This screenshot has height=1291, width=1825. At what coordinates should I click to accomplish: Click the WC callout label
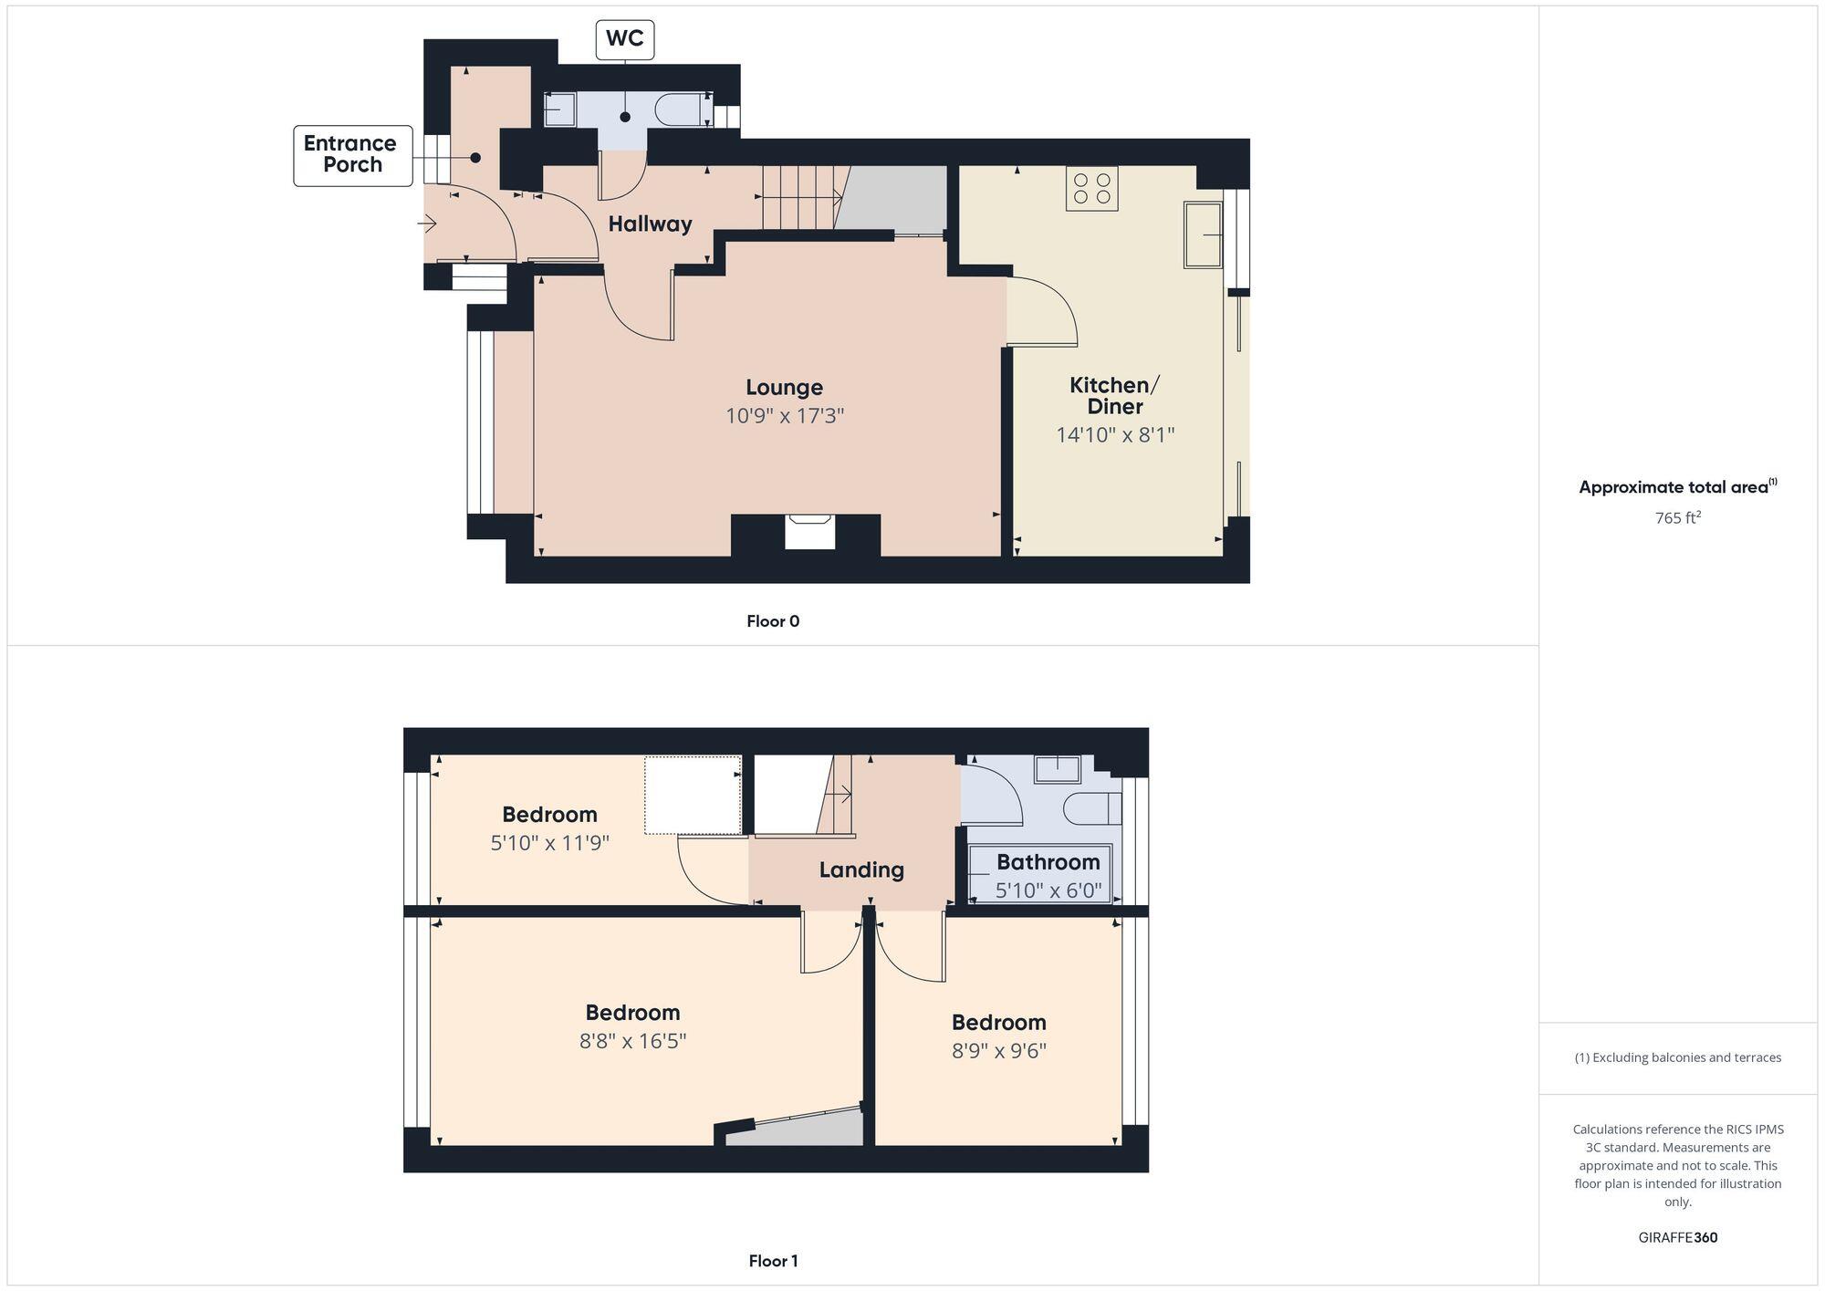(625, 39)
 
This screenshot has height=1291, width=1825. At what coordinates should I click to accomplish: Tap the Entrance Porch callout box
(352, 155)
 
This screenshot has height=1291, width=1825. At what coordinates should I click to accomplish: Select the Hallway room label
(650, 224)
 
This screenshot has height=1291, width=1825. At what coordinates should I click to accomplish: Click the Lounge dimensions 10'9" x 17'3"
(784, 416)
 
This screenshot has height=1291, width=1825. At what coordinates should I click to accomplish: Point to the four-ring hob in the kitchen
(1091, 188)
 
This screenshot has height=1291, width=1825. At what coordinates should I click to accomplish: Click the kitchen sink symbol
(1203, 234)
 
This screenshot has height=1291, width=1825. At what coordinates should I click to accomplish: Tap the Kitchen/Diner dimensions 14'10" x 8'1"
(1114, 435)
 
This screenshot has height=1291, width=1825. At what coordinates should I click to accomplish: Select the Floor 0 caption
(773, 621)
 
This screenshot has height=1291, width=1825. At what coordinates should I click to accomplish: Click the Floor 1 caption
(773, 1261)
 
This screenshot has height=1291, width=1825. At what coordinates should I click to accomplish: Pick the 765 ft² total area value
(1677, 518)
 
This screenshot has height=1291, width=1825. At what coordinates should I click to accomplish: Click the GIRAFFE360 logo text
(1677, 1237)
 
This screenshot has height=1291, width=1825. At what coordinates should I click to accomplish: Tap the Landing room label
(860, 869)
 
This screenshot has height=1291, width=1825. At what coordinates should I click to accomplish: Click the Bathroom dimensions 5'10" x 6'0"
(1048, 890)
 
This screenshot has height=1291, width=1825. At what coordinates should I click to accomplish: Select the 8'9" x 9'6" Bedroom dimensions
(998, 1050)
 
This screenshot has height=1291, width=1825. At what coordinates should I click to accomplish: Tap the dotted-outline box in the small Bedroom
(693, 795)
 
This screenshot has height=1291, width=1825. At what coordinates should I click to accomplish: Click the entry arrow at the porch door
(428, 223)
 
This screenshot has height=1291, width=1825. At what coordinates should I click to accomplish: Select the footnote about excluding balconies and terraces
(1677, 1057)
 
